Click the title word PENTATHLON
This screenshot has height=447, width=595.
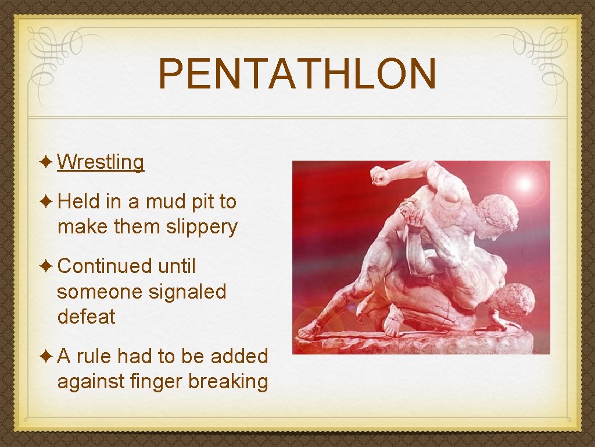point(297,74)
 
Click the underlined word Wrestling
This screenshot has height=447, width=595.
point(101,162)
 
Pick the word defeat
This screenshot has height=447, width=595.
point(87,317)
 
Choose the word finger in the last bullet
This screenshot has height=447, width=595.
point(157,382)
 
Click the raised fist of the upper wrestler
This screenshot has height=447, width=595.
point(381,175)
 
